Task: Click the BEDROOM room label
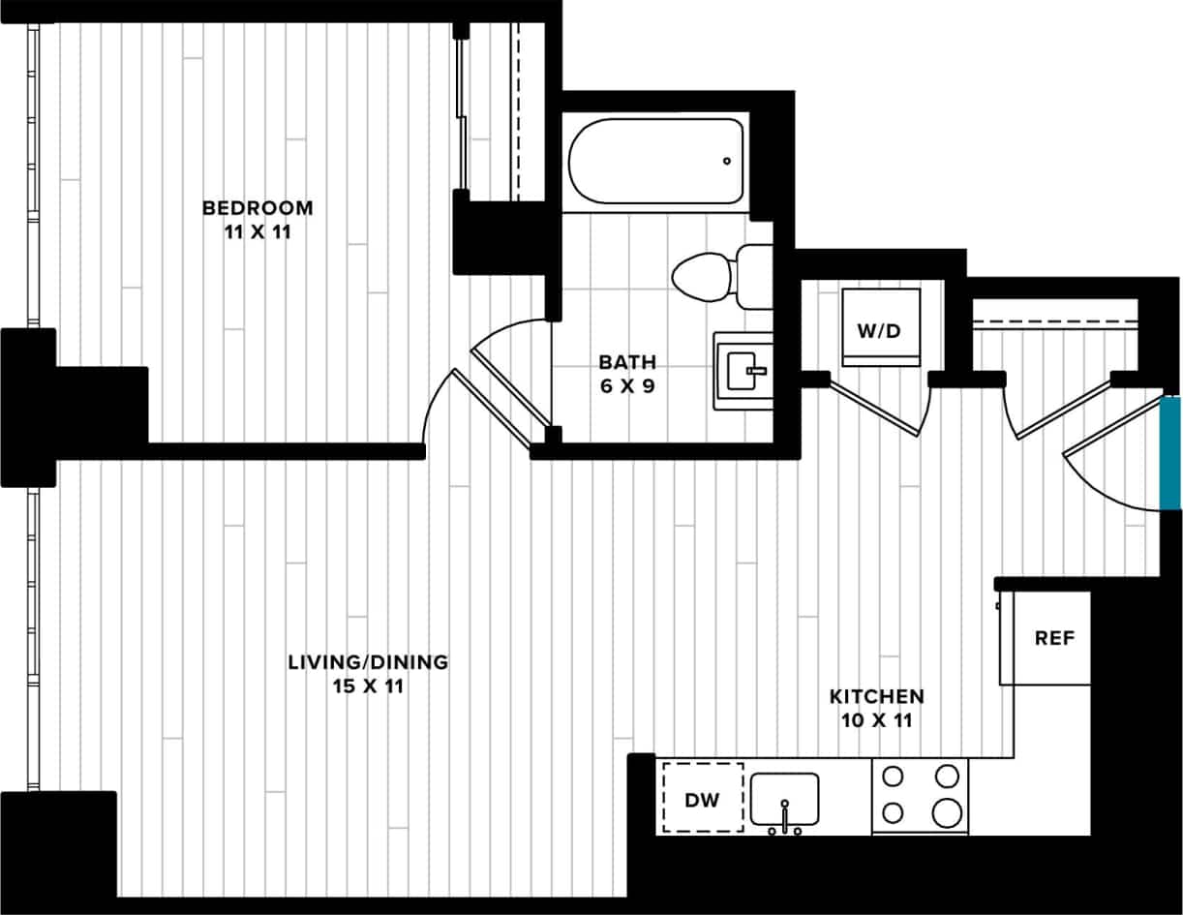pyautogui.click(x=258, y=207)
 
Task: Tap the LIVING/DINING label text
pyautogui.click(x=368, y=662)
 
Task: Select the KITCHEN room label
pyautogui.click(x=876, y=696)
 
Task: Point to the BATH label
pyautogui.click(x=626, y=362)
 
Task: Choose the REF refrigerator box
pyautogui.click(x=1053, y=639)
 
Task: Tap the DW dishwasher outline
pyautogui.click(x=703, y=799)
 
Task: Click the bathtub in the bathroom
pyautogui.click(x=655, y=161)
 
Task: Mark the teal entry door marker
pyautogui.click(x=1171, y=452)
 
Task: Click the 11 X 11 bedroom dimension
pyautogui.click(x=258, y=232)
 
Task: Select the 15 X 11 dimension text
pyautogui.click(x=368, y=687)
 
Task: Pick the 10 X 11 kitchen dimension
pyautogui.click(x=876, y=720)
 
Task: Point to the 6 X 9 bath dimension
pyautogui.click(x=626, y=387)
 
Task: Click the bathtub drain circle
pyautogui.click(x=726, y=161)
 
